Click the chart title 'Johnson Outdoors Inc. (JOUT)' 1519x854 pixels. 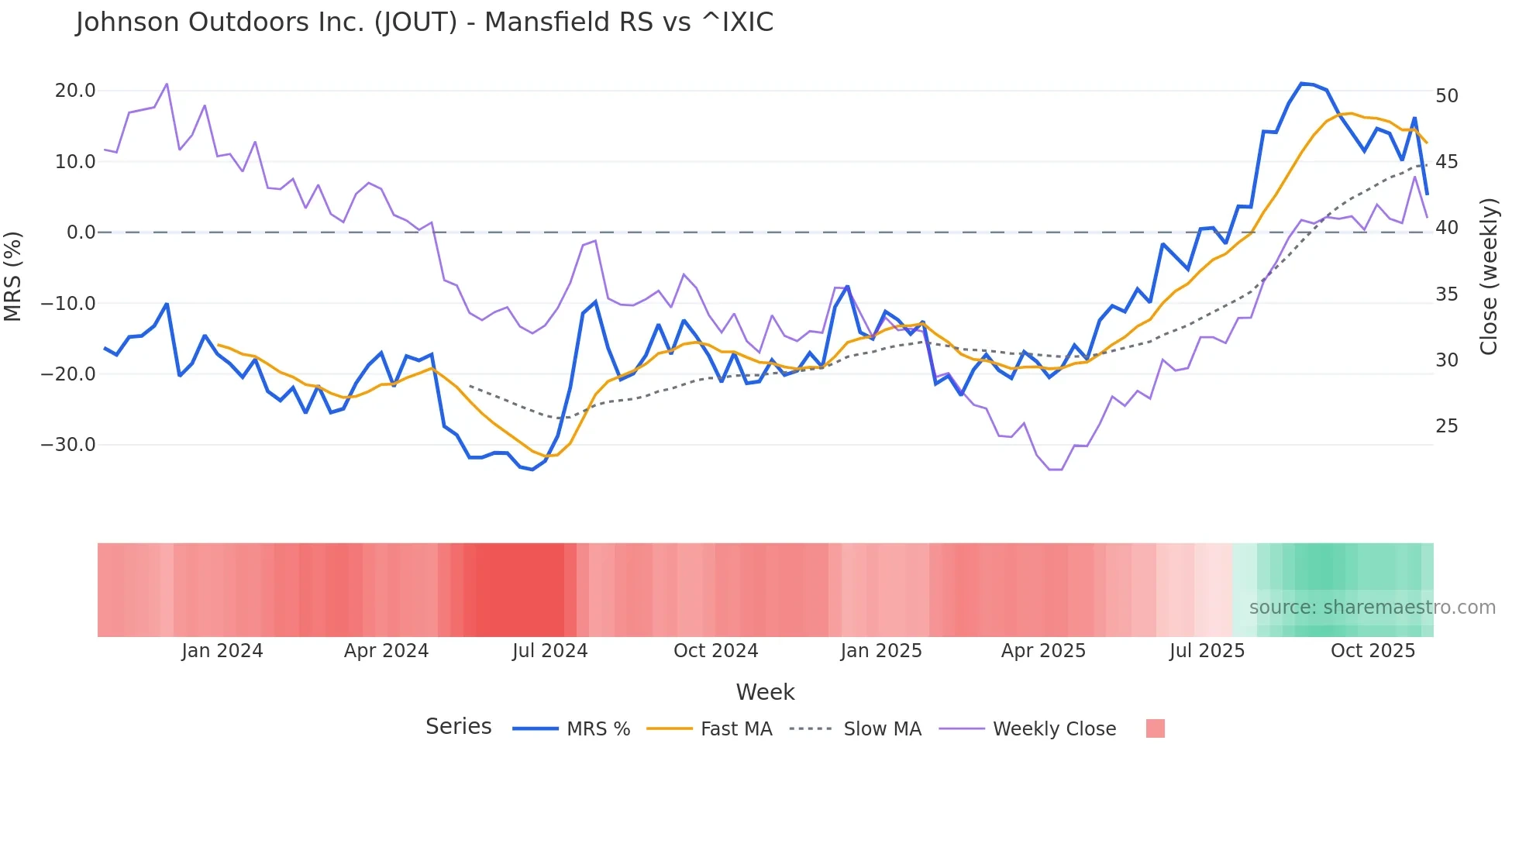point(424,22)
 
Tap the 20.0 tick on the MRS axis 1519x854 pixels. point(75,91)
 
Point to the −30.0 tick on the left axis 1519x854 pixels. point(69,445)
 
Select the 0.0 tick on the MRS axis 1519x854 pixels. point(81,232)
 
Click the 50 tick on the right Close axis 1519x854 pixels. point(1447,96)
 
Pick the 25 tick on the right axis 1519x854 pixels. point(1447,426)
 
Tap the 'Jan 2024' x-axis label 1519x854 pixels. point(222,651)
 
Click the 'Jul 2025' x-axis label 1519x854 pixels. point(1207,651)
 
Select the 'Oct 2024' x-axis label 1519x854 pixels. point(715,651)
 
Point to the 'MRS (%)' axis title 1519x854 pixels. point(13,276)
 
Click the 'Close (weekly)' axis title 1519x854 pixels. point(1489,276)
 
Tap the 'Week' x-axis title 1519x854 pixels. point(765,692)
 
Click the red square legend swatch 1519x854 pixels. point(1155,728)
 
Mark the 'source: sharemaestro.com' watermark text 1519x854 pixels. point(1372,608)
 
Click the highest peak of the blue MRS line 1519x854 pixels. point(1302,83)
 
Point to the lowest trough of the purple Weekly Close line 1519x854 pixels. point(1056,470)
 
